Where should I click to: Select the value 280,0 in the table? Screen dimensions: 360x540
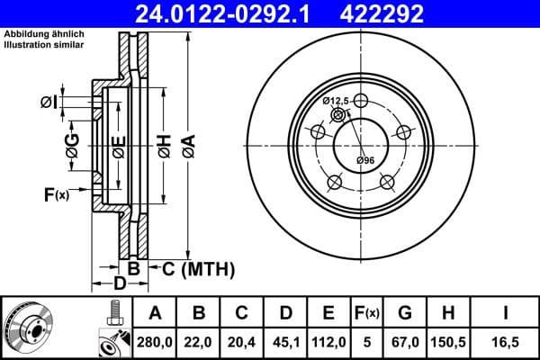pos(156,339)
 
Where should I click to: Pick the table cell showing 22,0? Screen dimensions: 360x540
pos(199,339)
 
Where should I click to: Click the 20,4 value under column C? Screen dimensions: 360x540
pos(242,339)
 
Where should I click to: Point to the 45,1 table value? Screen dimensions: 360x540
pos(285,339)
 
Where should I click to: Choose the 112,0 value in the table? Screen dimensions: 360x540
pos(328,339)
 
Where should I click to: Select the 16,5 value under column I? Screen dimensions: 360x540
pos(505,339)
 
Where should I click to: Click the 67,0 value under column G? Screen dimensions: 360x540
pos(404,339)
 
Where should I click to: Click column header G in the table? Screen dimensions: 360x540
pos(404,313)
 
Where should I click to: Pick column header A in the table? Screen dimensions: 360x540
pos(156,313)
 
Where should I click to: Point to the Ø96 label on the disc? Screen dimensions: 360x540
pos(364,160)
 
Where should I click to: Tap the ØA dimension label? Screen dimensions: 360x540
pos(188,143)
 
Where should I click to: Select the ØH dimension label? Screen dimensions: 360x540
pos(164,143)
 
